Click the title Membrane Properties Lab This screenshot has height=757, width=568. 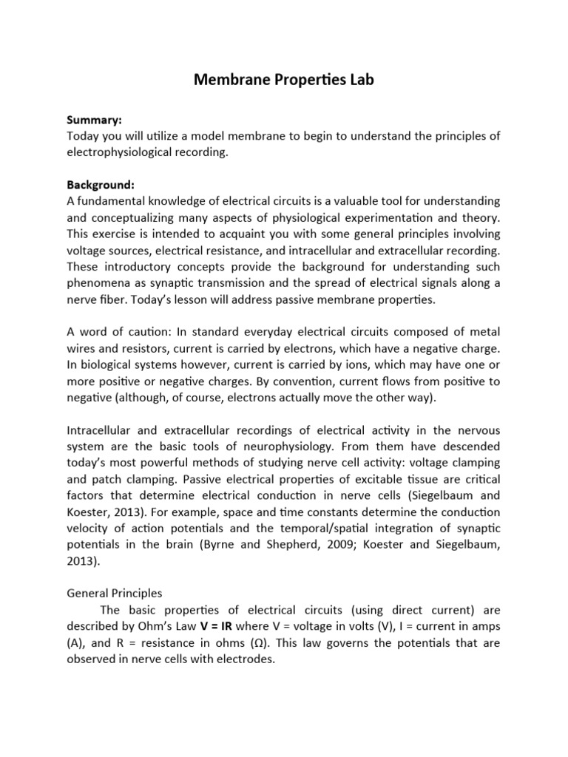click(284, 80)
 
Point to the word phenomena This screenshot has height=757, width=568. click(101, 282)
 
